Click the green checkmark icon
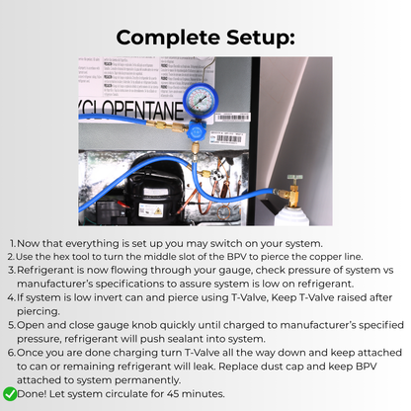pyautogui.click(x=10, y=393)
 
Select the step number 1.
pyautogui.click(x=10, y=243)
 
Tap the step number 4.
pyautogui.click(x=10, y=294)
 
